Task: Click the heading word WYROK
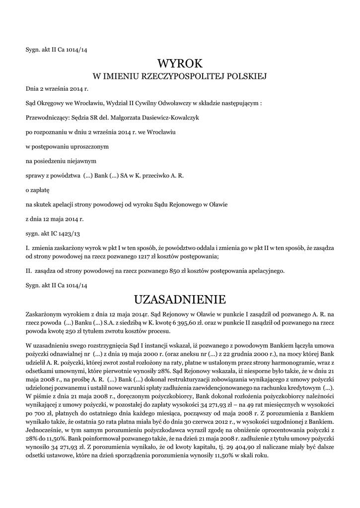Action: pyautogui.click(x=180, y=63)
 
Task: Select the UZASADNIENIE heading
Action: pyautogui.click(x=180, y=299)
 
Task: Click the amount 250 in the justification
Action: pyautogui.click(x=73, y=331)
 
